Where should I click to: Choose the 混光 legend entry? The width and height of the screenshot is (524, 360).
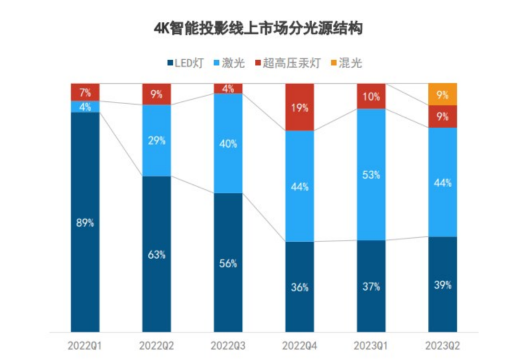(344, 63)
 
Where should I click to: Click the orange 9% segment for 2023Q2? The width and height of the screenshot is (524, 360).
(442, 95)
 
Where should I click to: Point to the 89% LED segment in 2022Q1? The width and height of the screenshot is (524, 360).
(85, 223)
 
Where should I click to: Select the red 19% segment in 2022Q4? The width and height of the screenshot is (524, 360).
(300, 107)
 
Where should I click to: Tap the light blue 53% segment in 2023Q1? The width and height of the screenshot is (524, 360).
(371, 175)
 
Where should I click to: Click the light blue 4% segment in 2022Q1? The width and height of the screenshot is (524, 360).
(85, 106)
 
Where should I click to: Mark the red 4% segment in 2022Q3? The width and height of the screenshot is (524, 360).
(228, 88)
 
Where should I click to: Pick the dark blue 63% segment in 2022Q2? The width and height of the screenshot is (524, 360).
(157, 254)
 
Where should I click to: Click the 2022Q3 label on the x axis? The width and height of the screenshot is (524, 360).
(228, 346)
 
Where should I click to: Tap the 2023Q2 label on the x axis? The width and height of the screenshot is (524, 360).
(442, 346)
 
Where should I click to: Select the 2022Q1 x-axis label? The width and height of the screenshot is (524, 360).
(85, 346)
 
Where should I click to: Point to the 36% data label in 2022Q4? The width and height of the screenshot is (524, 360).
(300, 287)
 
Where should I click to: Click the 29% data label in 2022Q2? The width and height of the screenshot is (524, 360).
(157, 140)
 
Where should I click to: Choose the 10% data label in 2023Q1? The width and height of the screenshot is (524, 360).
(371, 97)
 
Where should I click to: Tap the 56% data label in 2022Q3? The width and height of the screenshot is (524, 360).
(228, 263)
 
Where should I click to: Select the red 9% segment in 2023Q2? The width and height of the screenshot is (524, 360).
(442, 117)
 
